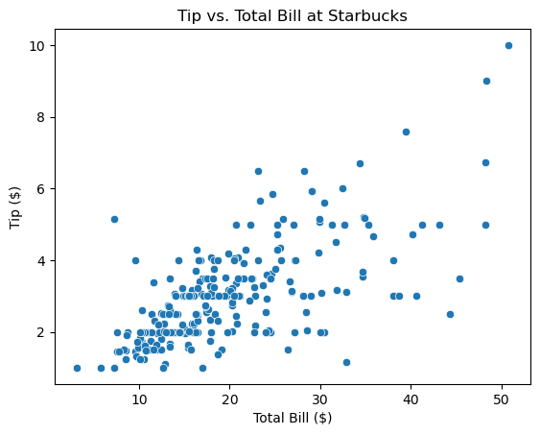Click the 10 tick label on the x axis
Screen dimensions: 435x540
point(139,399)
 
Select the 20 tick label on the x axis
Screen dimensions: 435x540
point(230,399)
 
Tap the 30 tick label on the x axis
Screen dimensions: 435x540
point(320,399)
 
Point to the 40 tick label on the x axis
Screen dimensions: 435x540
point(411,399)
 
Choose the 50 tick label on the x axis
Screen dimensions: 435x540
point(502,399)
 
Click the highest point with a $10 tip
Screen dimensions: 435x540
point(508,45)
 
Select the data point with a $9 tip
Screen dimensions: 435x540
point(486,81)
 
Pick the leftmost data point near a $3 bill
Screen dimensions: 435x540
point(77,368)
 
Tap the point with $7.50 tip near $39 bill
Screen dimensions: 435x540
point(406,132)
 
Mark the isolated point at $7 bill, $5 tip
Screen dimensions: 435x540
point(114,219)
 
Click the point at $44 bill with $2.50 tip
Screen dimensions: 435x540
point(450,314)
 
